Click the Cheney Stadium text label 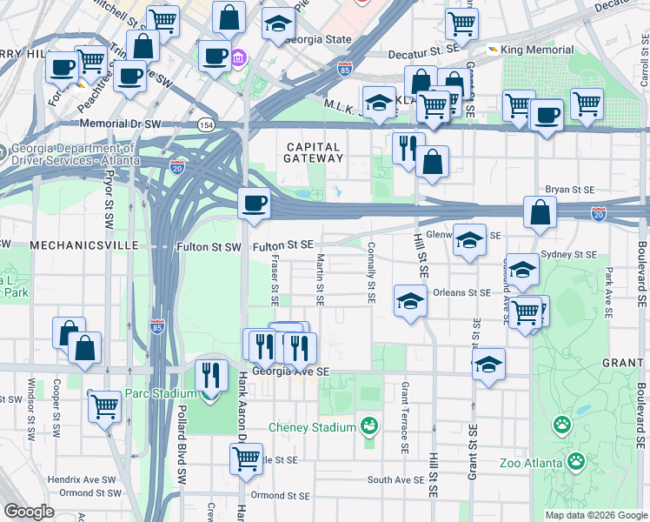click(311, 427)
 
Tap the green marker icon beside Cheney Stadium click(370, 426)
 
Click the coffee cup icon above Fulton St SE click(255, 203)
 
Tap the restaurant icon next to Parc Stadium click(211, 375)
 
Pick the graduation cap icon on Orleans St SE click(409, 301)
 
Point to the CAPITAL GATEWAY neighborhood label click(314, 151)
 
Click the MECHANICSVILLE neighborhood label click(84, 246)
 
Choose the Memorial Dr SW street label click(125, 124)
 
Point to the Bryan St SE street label click(569, 189)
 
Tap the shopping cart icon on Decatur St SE click(461, 23)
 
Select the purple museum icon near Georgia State click(238, 59)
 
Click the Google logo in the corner click(29, 512)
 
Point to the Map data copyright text click(596, 515)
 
